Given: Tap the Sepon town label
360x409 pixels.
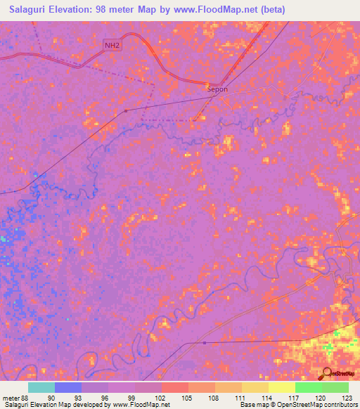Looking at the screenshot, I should click(x=217, y=89).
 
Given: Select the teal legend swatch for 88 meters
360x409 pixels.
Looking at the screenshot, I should click(x=41, y=387).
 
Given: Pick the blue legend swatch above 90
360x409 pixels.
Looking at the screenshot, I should click(x=68, y=387).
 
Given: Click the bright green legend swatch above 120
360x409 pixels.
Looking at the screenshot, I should click(x=309, y=387).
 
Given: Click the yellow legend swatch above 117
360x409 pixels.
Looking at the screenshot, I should click(x=282, y=387).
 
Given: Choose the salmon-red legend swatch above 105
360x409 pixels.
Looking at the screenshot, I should click(x=175, y=387).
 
